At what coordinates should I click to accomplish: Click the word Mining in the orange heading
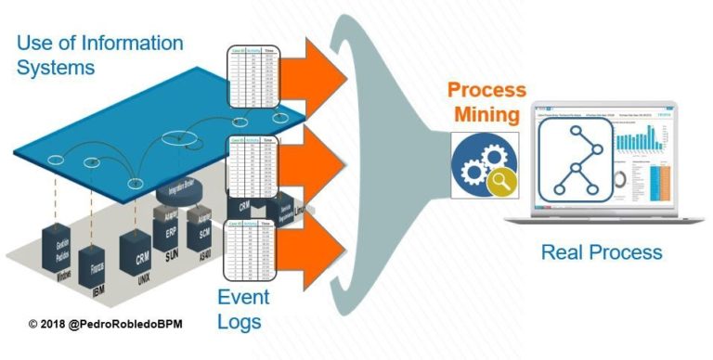(486, 116)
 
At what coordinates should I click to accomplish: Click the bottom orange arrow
(312, 250)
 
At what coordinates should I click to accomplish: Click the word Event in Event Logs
(243, 298)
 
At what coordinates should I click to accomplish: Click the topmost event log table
(253, 83)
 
